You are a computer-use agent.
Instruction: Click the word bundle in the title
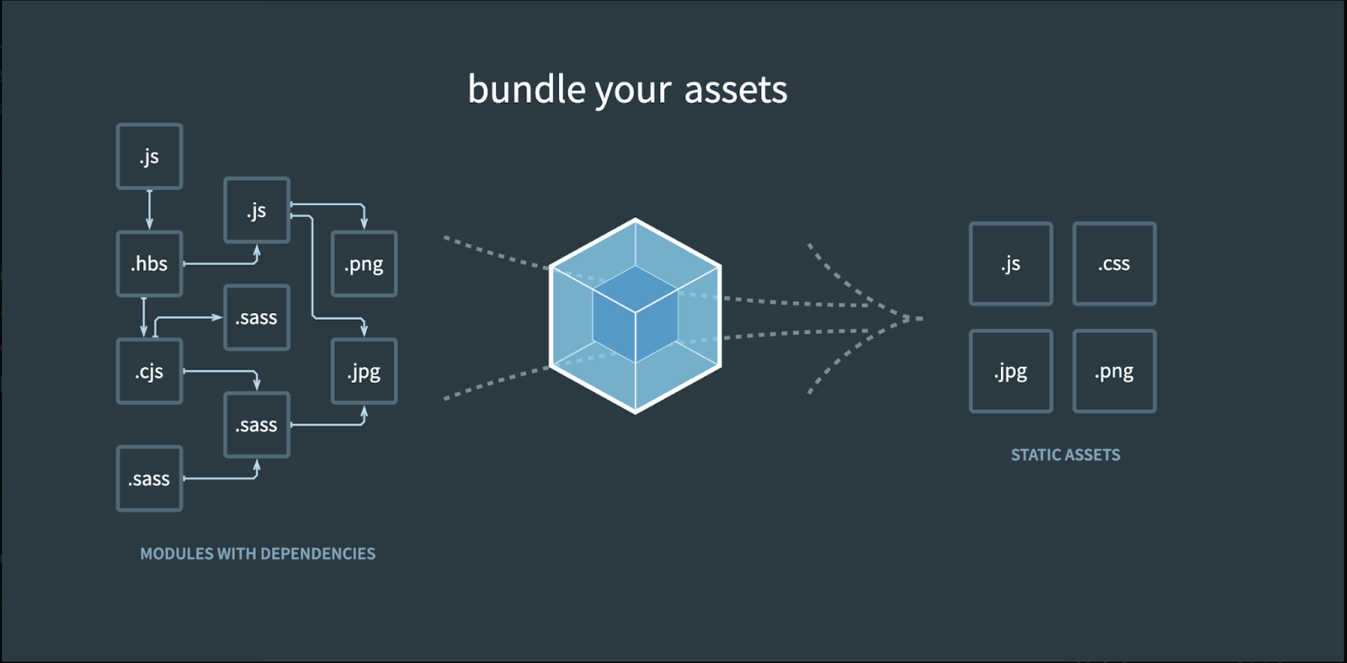[x=527, y=89]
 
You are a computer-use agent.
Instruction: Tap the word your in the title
[x=632, y=93]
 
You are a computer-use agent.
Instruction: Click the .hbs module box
[x=149, y=264]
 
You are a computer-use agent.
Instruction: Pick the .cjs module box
[x=149, y=372]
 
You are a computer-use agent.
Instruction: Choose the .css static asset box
[x=1115, y=264]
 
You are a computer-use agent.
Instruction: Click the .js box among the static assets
[x=1011, y=264]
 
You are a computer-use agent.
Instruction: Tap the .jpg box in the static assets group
[x=1011, y=372]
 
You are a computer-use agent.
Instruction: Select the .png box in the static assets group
[x=1115, y=372]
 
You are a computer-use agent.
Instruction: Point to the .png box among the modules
[x=365, y=264]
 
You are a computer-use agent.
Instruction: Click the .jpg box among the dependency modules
[x=365, y=372]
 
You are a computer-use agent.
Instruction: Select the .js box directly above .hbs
[x=149, y=156]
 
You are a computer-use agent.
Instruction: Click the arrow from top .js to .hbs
[x=149, y=210]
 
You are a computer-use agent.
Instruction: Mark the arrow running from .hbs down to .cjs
[x=144, y=316]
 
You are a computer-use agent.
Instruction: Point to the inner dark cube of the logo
[x=636, y=314]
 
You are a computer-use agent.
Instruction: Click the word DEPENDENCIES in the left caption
[x=318, y=554]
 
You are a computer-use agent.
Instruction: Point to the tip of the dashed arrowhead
[x=923, y=319]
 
